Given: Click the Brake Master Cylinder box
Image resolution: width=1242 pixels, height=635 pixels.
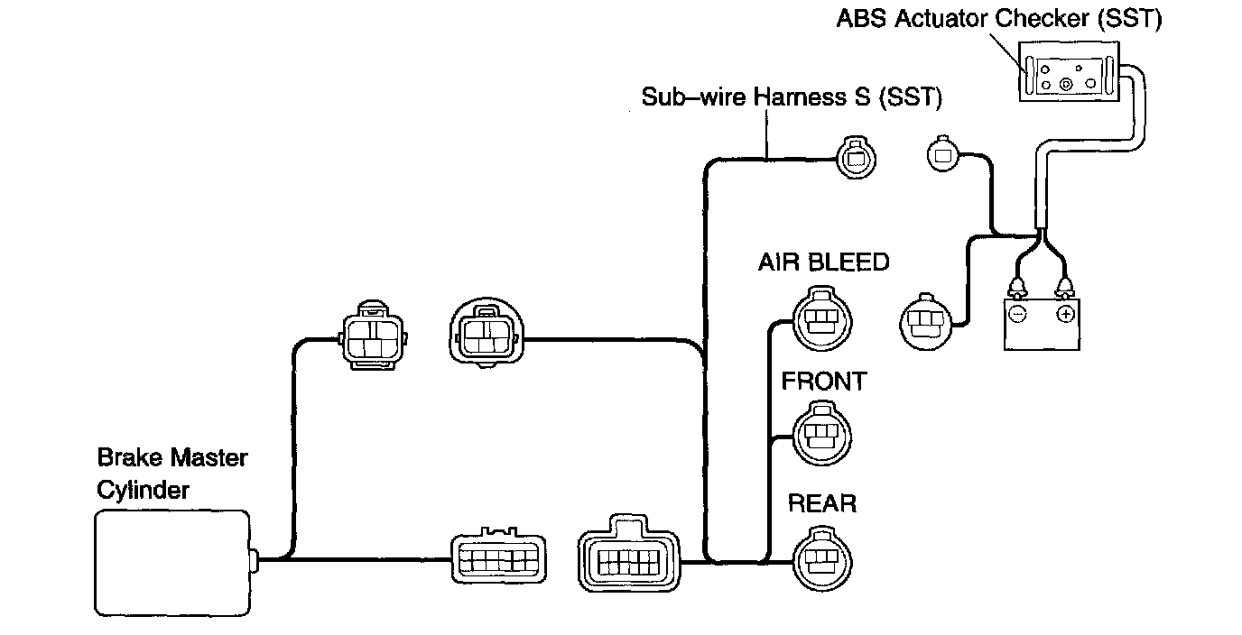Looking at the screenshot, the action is tap(172, 563).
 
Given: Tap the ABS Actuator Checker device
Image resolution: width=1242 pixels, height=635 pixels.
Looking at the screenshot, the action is tap(1069, 71).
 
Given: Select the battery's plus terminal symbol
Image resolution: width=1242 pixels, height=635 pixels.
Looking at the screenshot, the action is tap(1065, 315).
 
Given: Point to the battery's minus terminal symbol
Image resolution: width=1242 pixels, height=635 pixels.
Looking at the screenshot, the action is tap(1018, 315).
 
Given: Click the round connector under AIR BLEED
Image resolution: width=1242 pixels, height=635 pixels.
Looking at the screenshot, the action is tap(822, 318).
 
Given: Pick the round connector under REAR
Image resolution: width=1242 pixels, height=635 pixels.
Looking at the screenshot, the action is tap(822, 558).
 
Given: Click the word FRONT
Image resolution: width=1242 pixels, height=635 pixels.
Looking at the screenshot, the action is tap(824, 382).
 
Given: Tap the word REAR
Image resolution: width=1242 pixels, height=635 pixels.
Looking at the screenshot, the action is tap(822, 503).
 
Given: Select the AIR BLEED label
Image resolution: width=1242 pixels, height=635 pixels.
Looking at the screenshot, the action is tap(823, 262).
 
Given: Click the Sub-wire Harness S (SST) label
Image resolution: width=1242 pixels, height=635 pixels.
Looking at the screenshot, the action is tap(792, 97).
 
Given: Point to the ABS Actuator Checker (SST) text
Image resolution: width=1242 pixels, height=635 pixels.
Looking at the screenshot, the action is tap(999, 19).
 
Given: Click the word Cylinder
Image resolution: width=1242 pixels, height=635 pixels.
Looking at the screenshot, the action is tap(143, 491).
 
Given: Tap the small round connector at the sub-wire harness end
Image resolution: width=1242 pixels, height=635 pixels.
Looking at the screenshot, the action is tap(856, 157).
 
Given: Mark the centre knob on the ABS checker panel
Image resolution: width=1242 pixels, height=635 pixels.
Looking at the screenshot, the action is tap(1066, 84).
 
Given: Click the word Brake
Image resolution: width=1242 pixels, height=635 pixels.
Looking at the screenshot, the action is tap(130, 457).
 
